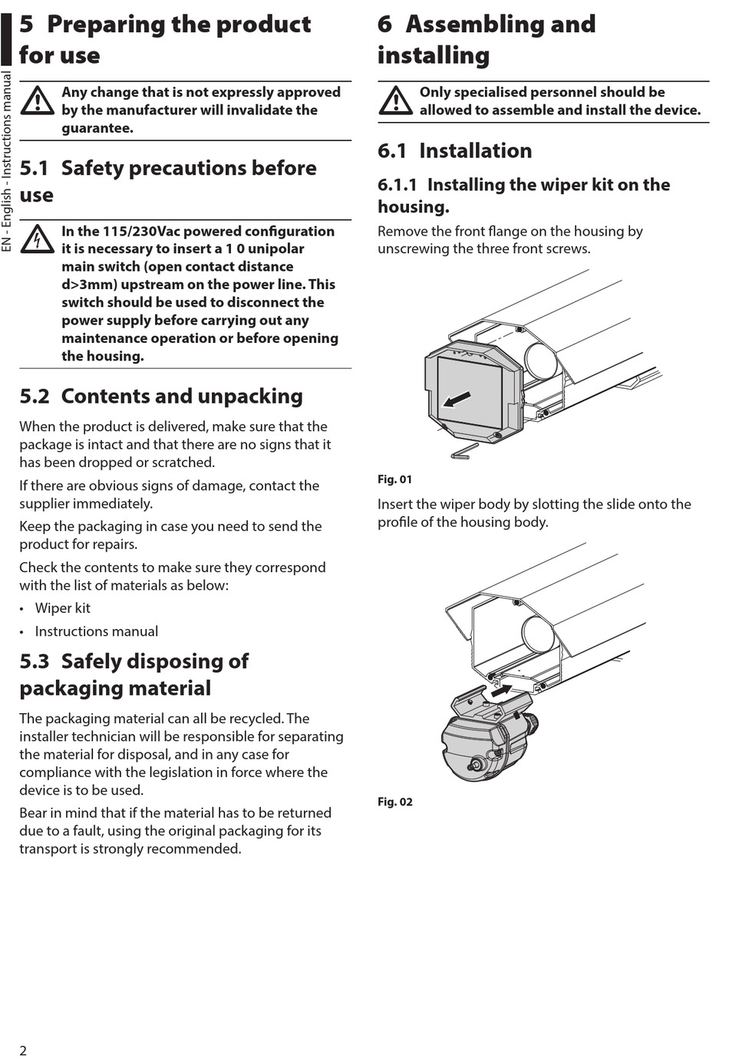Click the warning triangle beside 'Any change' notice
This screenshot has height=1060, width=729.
(x=37, y=100)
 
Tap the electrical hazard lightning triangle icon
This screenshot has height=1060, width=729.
(x=37, y=239)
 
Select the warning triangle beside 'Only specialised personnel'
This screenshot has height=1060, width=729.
(x=395, y=100)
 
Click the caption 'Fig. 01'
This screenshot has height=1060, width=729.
(x=394, y=479)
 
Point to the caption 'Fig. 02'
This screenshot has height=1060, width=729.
(x=394, y=802)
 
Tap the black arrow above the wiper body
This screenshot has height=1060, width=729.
(x=500, y=690)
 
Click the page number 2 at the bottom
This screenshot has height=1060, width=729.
(x=23, y=1050)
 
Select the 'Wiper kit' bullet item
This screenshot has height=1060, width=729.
(x=62, y=608)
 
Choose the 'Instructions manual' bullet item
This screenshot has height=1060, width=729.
(x=96, y=631)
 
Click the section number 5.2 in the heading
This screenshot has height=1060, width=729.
(x=34, y=397)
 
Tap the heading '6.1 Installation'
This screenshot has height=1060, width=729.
(x=454, y=151)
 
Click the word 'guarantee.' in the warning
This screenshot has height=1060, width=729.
(x=97, y=128)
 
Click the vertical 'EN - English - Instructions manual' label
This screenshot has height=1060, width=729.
(x=7, y=161)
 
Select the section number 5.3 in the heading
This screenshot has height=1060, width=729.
(x=34, y=661)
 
